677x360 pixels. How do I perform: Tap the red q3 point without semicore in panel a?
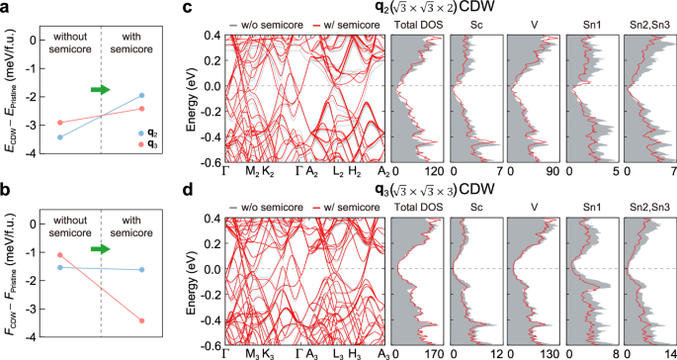(60, 123)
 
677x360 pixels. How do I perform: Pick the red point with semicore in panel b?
(141, 320)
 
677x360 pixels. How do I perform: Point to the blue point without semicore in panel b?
(60, 267)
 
